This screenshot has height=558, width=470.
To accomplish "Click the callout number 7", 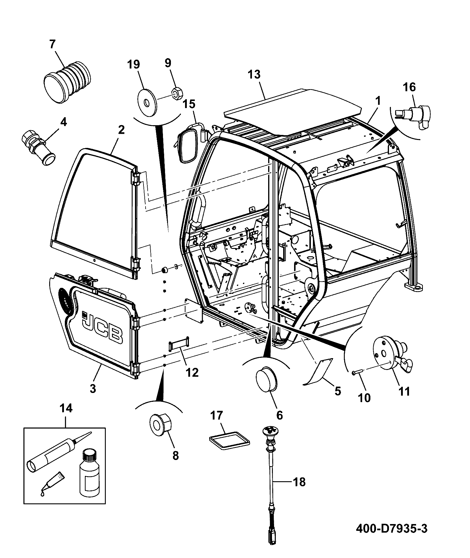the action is point(52,44).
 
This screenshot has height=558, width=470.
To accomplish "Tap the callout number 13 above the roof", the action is point(254,75).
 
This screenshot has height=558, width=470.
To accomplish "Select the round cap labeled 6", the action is point(267,380).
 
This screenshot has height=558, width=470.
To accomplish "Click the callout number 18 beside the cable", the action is point(299,482).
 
